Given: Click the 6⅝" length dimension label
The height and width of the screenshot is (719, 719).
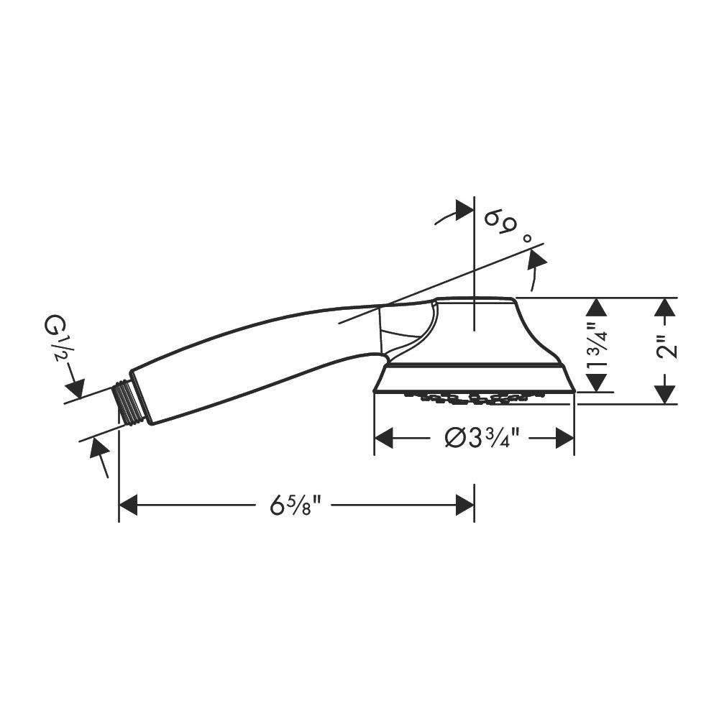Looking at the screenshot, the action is pyautogui.click(x=293, y=505).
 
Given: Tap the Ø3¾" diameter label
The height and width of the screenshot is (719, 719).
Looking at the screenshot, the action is pyautogui.click(x=482, y=439).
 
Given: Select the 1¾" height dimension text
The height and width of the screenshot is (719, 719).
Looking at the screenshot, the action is pyautogui.click(x=597, y=344).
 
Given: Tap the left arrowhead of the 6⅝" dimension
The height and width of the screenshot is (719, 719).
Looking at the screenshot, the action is pyautogui.click(x=129, y=505).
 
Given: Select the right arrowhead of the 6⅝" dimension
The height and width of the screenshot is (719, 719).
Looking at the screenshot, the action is pyautogui.click(x=465, y=505).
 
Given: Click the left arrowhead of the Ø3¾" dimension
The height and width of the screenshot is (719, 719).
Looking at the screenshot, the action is pyautogui.click(x=384, y=439).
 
